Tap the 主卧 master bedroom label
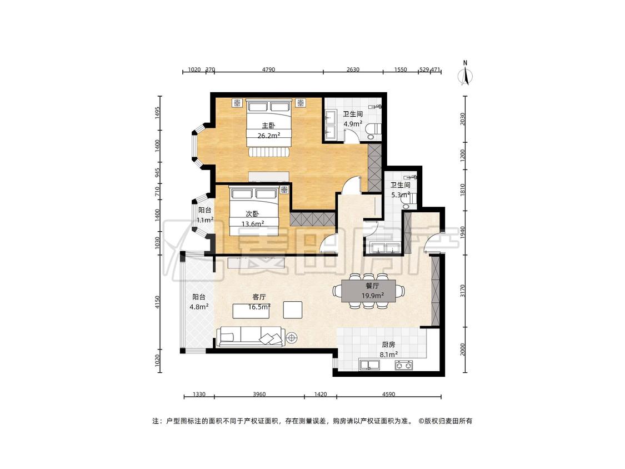click(268, 126)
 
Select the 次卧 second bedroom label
click(252, 214)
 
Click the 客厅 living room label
click(259, 297)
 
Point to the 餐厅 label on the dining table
click(372, 286)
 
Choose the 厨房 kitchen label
click(388, 345)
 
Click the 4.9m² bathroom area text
click(353, 123)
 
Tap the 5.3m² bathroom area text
click(401, 194)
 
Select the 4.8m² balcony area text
click(199, 307)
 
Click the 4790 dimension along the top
click(268, 69)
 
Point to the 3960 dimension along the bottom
click(259, 395)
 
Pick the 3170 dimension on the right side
click(462, 291)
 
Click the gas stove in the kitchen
click(404, 365)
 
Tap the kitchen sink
click(369, 365)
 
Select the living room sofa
click(251, 337)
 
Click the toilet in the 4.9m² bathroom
click(374, 131)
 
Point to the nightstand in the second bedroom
click(284, 190)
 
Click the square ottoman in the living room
click(293, 310)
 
